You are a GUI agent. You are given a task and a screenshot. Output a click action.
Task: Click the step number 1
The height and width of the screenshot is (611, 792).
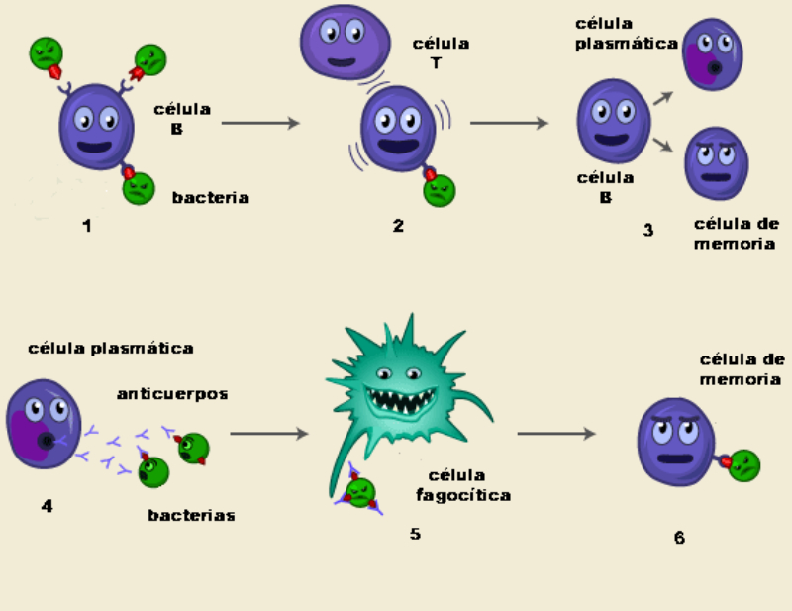tap(87, 226)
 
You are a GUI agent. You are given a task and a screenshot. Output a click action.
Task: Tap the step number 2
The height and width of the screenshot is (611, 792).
tap(398, 226)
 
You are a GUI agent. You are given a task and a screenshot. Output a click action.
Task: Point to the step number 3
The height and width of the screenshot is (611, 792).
tap(648, 231)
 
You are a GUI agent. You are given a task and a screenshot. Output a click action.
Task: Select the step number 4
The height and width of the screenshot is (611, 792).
tap(47, 507)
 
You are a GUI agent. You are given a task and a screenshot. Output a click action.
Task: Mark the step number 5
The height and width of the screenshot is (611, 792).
tap(415, 534)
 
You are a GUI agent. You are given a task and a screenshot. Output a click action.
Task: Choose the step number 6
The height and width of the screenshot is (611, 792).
tap(679, 538)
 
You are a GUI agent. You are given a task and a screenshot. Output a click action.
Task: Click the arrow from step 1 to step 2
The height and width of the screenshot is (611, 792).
tap(259, 123)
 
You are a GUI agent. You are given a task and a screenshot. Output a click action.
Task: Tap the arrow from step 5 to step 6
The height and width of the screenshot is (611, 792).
tap(556, 433)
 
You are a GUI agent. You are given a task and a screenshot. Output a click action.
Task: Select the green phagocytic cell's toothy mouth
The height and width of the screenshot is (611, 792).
tap(402, 400)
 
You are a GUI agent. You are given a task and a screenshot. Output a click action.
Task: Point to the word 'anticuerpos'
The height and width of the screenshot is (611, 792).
tap(172, 394)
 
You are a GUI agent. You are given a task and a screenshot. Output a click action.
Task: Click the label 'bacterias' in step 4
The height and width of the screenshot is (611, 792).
tap(191, 515)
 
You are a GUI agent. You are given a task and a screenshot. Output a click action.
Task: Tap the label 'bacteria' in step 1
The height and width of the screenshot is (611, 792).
tap(210, 198)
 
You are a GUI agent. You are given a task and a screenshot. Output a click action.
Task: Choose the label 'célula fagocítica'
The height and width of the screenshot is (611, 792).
tap(469, 486)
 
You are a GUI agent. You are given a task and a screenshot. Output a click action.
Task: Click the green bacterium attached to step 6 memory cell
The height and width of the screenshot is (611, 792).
tap(745, 464)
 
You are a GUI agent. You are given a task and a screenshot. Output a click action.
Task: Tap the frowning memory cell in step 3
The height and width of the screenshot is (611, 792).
tap(716, 162)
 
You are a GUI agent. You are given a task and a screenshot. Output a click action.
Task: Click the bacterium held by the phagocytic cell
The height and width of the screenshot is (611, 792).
tap(360, 492)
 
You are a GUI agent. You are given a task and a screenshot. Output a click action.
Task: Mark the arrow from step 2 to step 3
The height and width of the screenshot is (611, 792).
tap(509, 123)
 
